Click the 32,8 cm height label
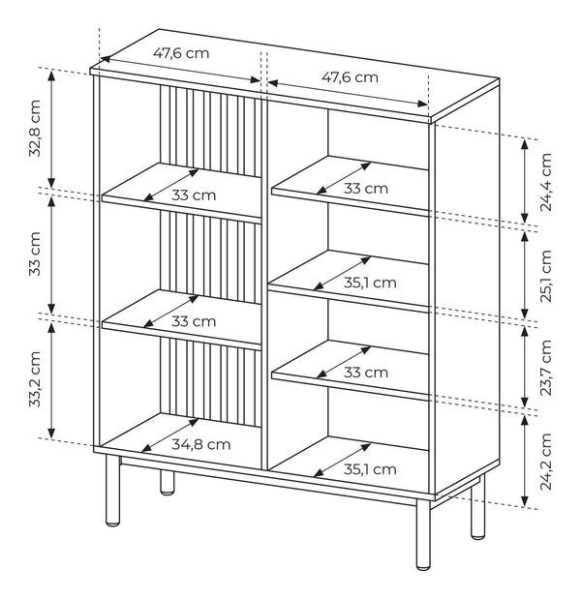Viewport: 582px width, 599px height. [35, 129]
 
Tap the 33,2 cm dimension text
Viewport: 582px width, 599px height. [35, 379]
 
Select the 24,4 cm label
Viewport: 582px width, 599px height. [546, 182]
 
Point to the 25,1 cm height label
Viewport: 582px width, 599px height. [546, 276]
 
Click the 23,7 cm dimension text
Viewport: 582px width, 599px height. [546, 368]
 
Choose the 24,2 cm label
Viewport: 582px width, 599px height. [546, 462]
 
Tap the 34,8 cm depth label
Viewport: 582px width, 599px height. [201, 444]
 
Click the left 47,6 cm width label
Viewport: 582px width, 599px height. [181, 53]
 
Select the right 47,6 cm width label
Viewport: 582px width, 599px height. [350, 77]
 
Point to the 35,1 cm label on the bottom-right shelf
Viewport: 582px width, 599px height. [370, 469]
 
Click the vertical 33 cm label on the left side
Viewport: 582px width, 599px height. [35, 254]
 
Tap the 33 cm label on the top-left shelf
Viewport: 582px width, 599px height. [194, 195]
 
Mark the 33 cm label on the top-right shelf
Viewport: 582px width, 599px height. [366, 189]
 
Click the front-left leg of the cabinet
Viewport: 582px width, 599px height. [112, 491]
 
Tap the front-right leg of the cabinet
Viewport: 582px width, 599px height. [423, 535]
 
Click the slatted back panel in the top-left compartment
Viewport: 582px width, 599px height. [210, 131]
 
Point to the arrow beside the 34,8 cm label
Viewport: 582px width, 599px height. [170, 435]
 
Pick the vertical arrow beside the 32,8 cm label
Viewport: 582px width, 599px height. [51, 129]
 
